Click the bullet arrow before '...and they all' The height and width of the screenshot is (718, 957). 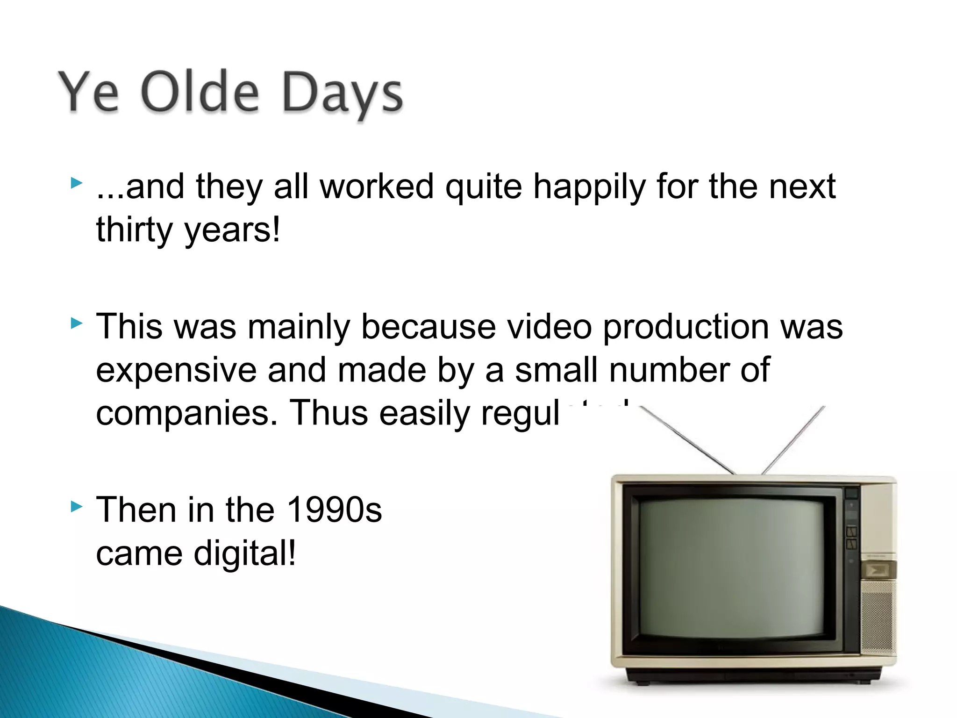point(76,183)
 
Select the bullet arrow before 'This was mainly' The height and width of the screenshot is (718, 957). point(76,323)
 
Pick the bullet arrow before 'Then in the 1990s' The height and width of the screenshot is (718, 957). point(76,506)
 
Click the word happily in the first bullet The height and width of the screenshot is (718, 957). point(589,187)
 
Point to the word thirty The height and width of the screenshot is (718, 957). point(135,230)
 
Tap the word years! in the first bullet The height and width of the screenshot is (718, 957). point(232,230)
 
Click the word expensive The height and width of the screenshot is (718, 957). point(176,370)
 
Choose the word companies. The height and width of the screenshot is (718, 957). point(187,413)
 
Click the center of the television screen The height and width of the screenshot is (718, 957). point(731,568)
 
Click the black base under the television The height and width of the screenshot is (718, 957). point(752,675)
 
